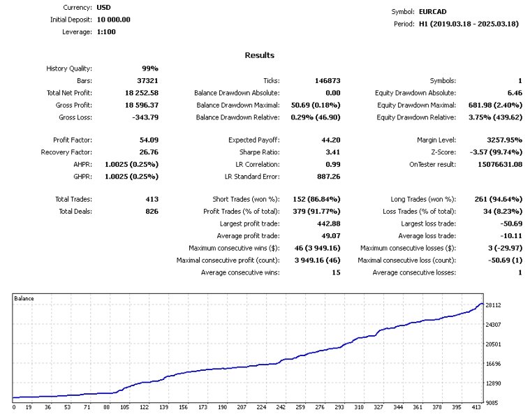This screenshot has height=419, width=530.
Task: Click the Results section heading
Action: [x=260, y=55]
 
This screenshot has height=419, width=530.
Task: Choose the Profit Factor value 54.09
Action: [x=149, y=140]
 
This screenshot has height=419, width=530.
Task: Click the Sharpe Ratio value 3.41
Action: [x=332, y=152]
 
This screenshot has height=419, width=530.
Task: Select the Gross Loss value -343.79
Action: [x=145, y=117]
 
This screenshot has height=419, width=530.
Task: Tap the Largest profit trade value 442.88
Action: [x=327, y=224]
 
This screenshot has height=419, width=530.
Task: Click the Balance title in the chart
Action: [x=24, y=298]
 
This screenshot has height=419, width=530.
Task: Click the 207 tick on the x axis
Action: [x=242, y=407]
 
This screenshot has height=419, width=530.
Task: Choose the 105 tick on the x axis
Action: [x=126, y=407]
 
